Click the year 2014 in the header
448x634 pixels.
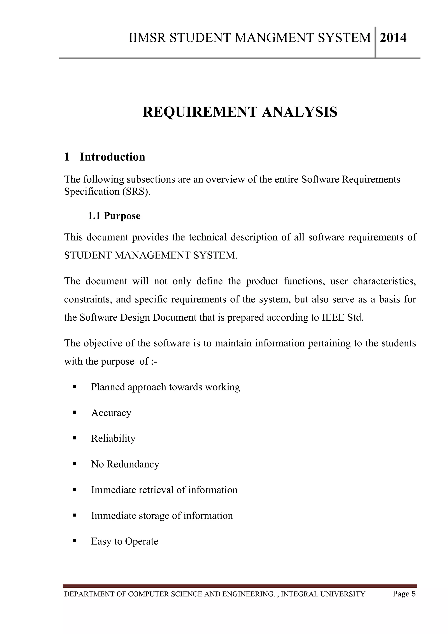coord(393,38)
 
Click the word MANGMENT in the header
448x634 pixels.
coord(274,38)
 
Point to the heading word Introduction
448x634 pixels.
coord(112,157)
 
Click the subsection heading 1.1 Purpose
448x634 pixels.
coord(114,216)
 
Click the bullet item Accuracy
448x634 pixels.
coord(111,413)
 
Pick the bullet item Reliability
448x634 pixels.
coord(113,439)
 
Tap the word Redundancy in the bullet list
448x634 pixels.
coord(133,464)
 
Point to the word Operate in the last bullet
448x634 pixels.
coord(142,541)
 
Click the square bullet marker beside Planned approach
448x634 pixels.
coord(74,387)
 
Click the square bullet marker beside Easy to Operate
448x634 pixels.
coord(74,541)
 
